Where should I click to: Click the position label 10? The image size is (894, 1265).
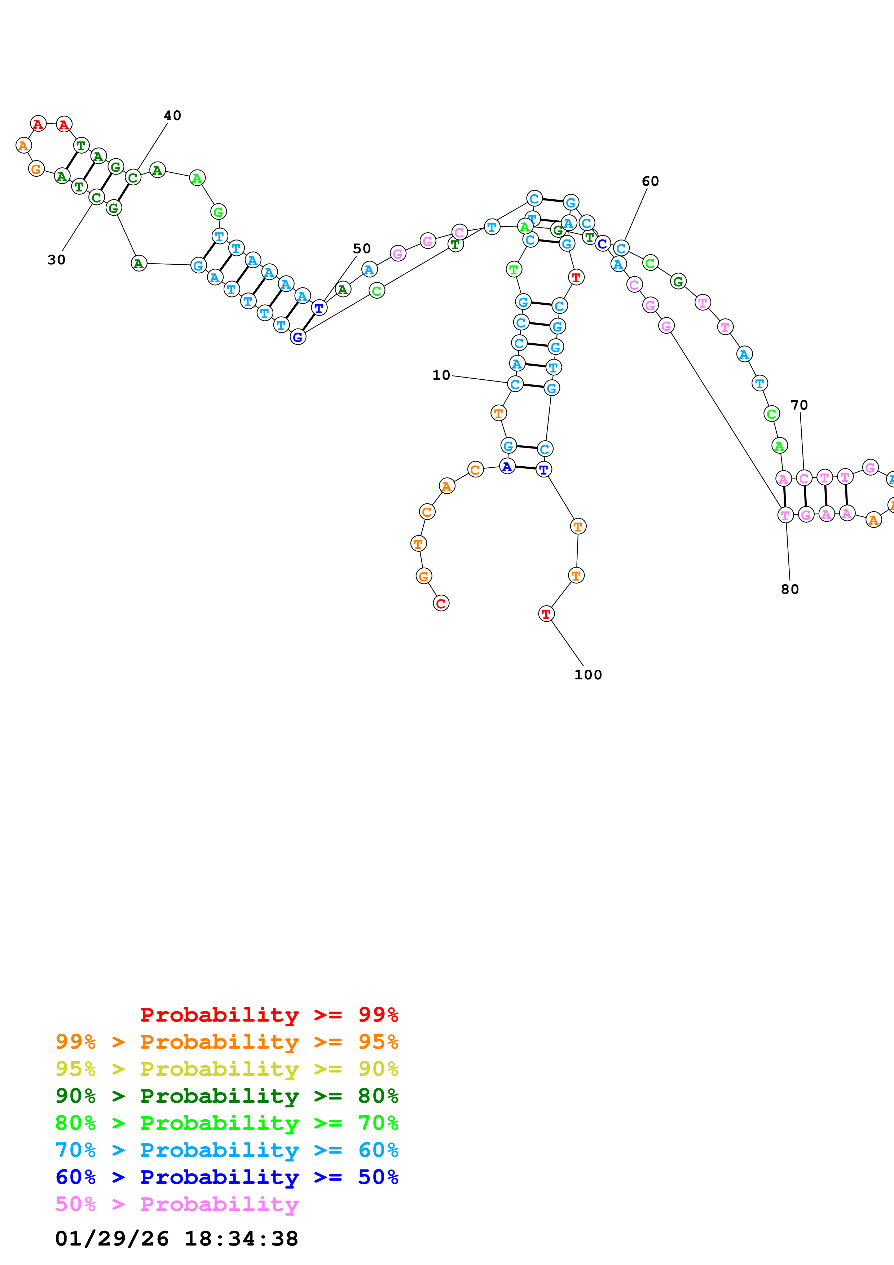[441, 375]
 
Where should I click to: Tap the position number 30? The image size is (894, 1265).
[56, 260]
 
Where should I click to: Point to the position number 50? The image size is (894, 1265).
[362, 248]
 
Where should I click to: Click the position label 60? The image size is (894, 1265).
[650, 181]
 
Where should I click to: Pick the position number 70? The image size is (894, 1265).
[799, 405]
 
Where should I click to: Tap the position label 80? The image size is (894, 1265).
[789, 589]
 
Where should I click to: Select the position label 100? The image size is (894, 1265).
[588, 674]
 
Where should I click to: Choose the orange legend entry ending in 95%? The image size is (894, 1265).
[226, 1041]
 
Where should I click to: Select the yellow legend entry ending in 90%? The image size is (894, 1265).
[226, 1068]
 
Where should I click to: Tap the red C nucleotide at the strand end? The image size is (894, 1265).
[441, 603]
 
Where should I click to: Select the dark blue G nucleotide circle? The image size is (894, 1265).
[298, 337]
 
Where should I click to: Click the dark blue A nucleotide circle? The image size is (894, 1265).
[507, 467]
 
